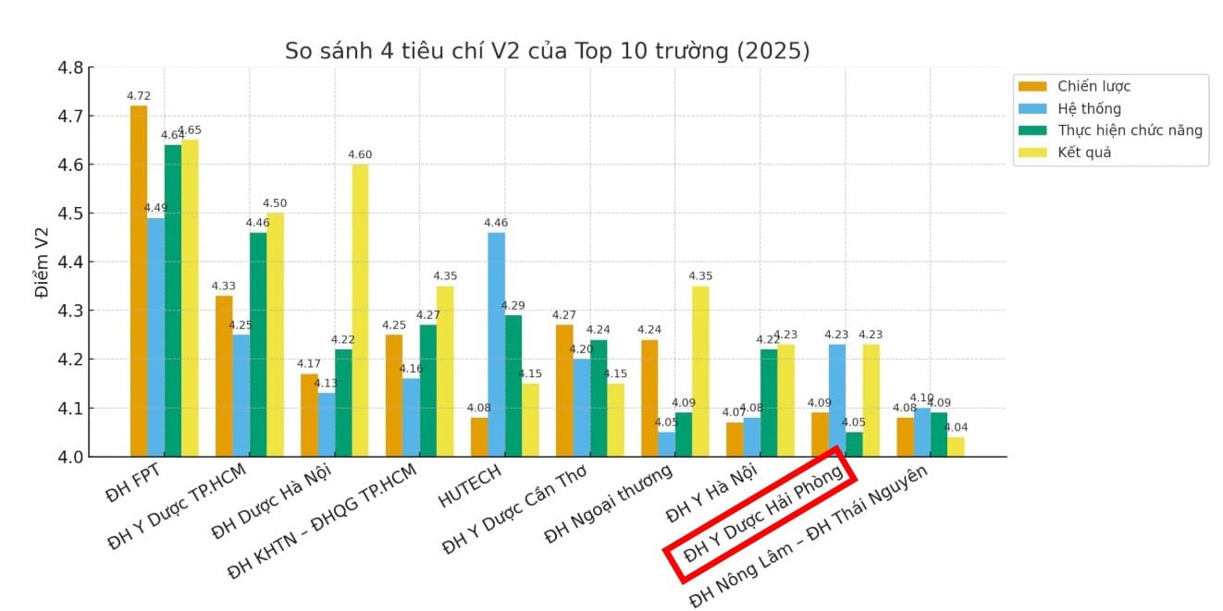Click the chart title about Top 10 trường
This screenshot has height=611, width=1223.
click(x=547, y=51)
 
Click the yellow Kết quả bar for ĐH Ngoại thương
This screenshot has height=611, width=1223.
click(x=700, y=371)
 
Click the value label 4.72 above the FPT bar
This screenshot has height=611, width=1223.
click(x=139, y=96)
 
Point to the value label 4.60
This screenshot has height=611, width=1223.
click(x=360, y=154)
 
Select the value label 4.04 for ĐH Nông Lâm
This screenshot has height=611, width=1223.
click(x=956, y=427)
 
